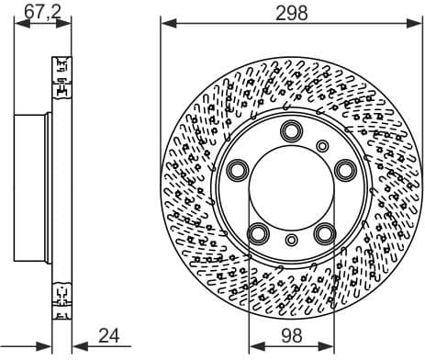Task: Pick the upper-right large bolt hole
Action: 345,169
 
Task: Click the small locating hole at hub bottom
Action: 292,241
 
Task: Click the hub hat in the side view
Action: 33,187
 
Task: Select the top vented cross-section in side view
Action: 62,78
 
